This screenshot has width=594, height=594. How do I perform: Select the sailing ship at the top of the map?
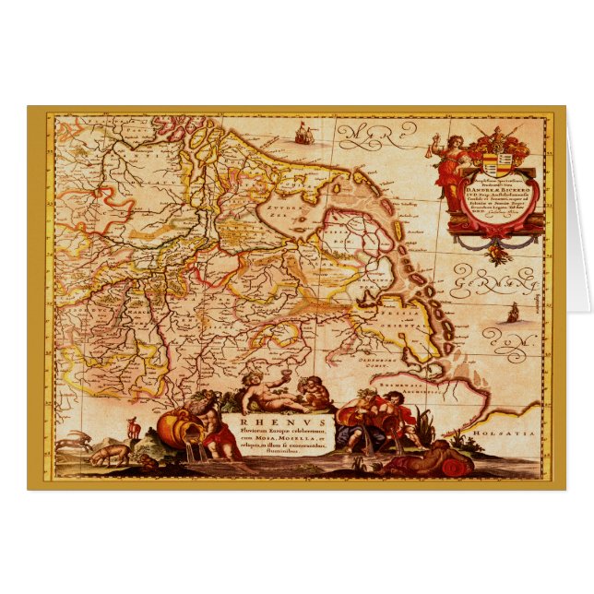(x=302, y=135)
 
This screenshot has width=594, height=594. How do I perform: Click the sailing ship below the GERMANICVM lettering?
(x=512, y=313)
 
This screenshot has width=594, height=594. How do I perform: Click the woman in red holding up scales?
(x=451, y=175)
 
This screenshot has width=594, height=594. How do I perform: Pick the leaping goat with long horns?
(x=74, y=444)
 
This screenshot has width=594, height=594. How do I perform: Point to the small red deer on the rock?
(x=133, y=427)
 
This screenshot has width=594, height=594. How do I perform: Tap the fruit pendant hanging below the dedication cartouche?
(x=499, y=248)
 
